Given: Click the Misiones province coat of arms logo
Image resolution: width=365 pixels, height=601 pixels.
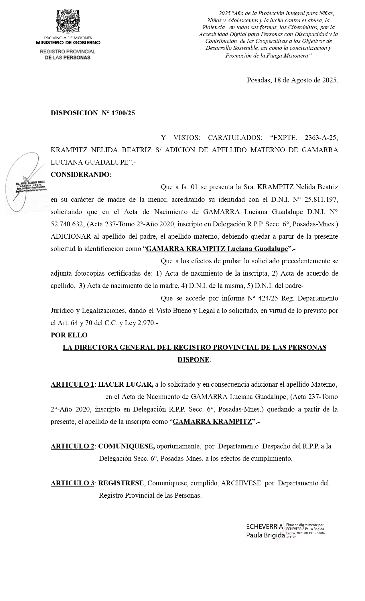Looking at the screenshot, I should point(68,21).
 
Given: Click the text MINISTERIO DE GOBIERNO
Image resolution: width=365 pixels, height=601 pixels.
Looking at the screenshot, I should point(68,43).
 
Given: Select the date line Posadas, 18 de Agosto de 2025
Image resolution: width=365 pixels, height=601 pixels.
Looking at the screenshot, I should point(292,80).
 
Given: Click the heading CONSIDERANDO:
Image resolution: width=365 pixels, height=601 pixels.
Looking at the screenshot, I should point(81,175).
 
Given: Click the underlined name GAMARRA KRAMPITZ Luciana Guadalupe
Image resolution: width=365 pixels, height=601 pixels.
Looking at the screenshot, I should point(217,249).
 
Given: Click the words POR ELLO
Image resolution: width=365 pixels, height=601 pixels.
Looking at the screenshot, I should point(69,335).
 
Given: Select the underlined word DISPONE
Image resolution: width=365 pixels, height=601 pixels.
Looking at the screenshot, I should point(193,360).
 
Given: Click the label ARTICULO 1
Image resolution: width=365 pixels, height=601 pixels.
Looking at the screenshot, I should point(72,384).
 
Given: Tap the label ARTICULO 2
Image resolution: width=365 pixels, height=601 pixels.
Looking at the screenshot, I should point(72,446).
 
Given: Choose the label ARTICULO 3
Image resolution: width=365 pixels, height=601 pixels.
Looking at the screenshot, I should point(72,483).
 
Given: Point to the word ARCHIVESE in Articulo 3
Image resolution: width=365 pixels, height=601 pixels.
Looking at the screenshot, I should point(241,483).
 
